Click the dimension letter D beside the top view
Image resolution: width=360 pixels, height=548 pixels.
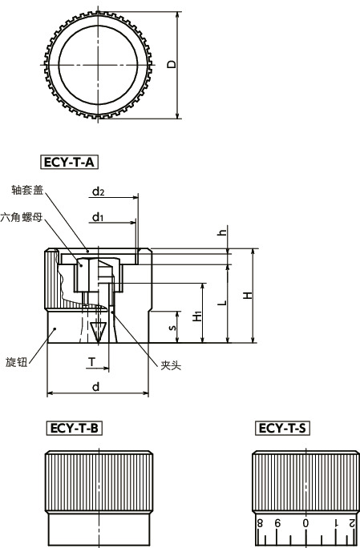172,63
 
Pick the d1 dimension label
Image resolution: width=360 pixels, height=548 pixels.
98,216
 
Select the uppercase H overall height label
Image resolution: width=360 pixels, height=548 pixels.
248,295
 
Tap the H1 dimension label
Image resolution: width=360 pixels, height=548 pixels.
197,316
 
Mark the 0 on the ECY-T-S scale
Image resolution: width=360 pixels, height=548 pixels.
305,524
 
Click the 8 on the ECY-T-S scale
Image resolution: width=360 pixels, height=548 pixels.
259,524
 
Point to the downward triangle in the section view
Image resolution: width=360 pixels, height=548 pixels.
99,328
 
